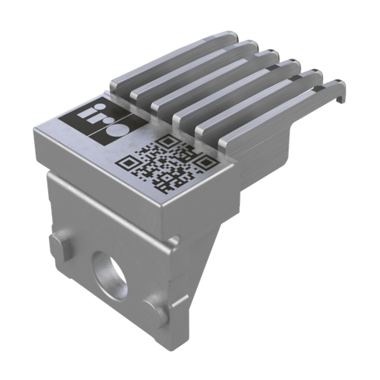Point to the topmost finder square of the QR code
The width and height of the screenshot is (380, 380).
click(x=169, y=141)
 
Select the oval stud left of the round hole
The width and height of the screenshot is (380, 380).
click(x=60, y=244)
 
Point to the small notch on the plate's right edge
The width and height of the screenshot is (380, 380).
click(x=176, y=240)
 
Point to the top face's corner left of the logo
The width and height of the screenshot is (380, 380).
click(x=36, y=134)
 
